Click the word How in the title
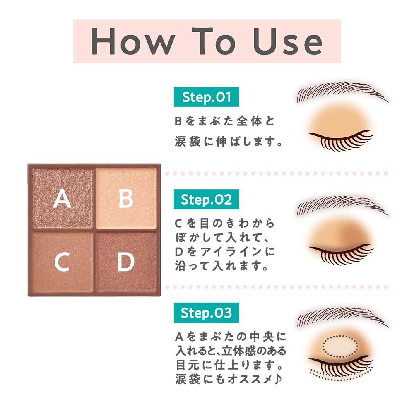(x=133, y=41)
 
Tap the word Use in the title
(x=288, y=41)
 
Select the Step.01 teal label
(x=206, y=96)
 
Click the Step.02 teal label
(x=206, y=199)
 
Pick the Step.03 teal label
(x=206, y=312)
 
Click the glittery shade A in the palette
(x=63, y=198)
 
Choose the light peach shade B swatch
(x=126, y=198)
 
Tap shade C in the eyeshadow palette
(x=63, y=262)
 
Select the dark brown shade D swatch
(x=126, y=262)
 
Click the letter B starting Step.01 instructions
(x=178, y=121)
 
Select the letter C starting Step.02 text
(x=178, y=224)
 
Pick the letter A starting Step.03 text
(x=179, y=337)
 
